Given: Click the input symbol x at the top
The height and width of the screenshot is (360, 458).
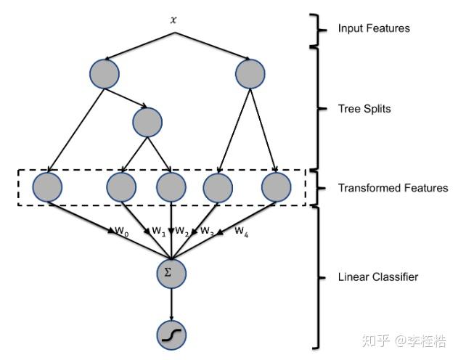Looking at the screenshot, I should click(173, 20).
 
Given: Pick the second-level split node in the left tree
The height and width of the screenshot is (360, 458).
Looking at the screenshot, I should click(147, 121).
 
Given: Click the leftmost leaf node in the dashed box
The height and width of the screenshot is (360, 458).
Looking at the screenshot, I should click(48, 187).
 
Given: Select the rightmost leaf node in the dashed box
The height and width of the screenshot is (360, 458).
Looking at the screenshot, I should click(276, 187).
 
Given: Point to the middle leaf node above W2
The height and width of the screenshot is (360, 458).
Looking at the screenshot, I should click(171, 187).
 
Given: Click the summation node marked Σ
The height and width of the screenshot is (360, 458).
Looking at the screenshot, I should click(171, 273).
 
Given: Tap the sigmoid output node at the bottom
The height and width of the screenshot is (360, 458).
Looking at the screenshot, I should click(171, 335).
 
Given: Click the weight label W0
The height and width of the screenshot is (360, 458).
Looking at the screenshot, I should click(121, 231).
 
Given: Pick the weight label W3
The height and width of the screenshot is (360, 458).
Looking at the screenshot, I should click(208, 231).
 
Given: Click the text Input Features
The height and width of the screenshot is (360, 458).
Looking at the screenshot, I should click(374, 29).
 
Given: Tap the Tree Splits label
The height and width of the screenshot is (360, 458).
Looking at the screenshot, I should click(364, 109).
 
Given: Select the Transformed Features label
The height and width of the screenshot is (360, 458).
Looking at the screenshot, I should click(393, 188).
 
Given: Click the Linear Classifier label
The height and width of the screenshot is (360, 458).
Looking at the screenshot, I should click(377, 277).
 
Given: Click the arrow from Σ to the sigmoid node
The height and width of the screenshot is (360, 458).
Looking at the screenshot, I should click(171, 303).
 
